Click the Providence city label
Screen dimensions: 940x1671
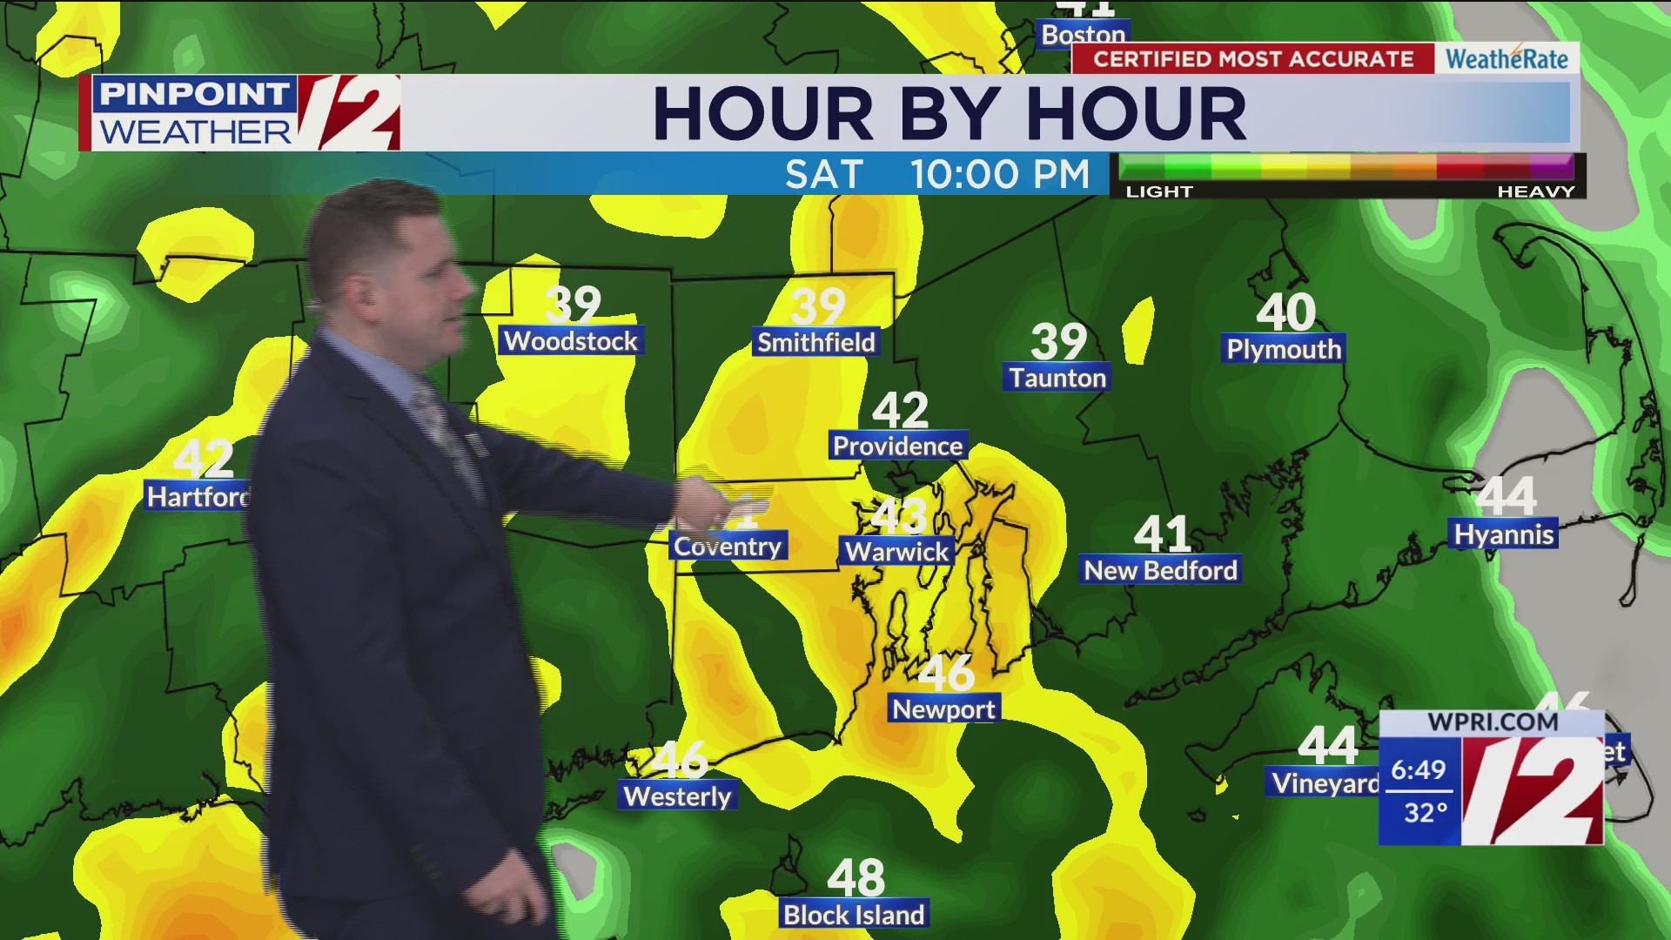pos(897,446)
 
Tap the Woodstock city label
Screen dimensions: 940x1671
pos(571,341)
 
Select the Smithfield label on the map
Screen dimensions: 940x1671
pos(815,342)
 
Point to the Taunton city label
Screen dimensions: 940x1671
pos(1057,378)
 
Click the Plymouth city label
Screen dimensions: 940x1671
pos(1284,349)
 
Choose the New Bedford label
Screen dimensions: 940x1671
pos(1160,570)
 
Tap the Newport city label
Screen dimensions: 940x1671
pos(943,709)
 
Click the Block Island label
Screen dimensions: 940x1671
pos(854,915)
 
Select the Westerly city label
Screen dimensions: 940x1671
pos(678,796)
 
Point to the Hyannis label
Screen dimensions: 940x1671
pos(1504,534)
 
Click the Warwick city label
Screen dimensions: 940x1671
pos(896,551)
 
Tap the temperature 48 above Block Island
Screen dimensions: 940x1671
pos(856,877)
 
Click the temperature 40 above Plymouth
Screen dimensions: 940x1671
pos(1285,312)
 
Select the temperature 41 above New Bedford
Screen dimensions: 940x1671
pos(1162,534)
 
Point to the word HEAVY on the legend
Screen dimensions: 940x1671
pos(1536,191)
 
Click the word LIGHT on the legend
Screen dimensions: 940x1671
pos(1159,191)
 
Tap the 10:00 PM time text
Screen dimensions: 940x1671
pos(1000,174)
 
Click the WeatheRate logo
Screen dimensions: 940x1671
pos(1507,59)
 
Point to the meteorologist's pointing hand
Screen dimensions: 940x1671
pos(709,505)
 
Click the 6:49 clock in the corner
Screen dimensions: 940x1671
pos(1418,769)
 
